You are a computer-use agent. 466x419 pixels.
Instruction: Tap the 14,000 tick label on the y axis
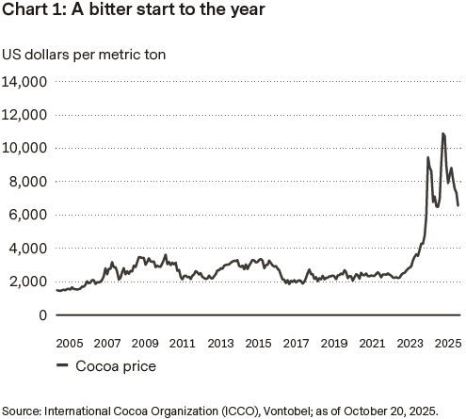click(x=25, y=82)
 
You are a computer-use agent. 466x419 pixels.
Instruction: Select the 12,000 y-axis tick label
click(x=25, y=115)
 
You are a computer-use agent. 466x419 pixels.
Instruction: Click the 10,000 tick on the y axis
click(x=25, y=148)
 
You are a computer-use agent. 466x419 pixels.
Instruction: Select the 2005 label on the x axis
click(x=69, y=344)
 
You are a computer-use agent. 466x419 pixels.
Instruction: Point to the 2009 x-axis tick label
click(x=144, y=344)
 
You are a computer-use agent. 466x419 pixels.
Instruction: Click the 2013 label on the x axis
click(x=220, y=344)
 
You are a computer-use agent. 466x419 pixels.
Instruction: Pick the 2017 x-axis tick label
click(x=297, y=344)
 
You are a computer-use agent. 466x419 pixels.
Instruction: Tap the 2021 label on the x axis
click(x=373, y=344)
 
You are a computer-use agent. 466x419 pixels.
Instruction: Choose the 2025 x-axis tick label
click(x=447, y=344)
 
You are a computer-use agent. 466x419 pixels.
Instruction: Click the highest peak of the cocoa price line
click(x=442, y=134)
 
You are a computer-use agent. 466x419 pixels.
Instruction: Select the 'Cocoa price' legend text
click(x=118, y=366)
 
